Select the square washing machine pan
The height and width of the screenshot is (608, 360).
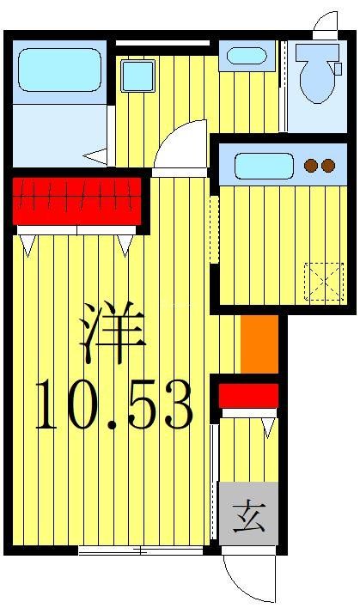pos(137,76)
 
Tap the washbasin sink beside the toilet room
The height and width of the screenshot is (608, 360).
pos(247,57)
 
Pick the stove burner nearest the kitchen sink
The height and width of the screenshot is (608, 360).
pos(313,166)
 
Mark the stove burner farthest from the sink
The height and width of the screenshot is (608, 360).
pos(328,166)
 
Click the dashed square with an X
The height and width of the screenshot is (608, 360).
pos(325,281)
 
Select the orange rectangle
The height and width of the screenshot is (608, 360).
pos(259,344)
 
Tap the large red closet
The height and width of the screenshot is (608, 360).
pos(76,200)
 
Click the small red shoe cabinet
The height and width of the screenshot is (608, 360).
pos(248,396)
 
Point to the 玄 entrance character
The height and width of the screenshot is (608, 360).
pos(248,520)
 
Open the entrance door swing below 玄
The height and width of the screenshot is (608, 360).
pos(247,578)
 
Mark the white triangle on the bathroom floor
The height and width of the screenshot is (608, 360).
pos(96,156)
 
